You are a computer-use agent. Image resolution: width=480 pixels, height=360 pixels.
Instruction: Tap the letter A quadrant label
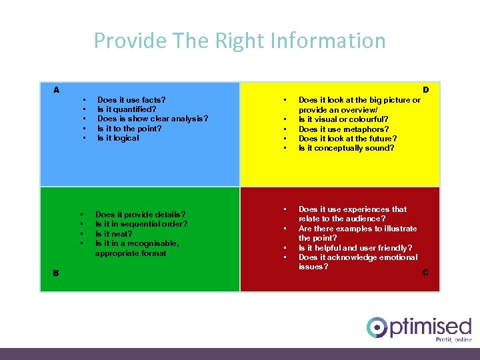click(57, 90)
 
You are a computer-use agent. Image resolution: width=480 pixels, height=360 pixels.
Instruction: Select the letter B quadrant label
click(56, 272)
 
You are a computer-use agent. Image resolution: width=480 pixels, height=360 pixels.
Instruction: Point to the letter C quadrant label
click(425, 272)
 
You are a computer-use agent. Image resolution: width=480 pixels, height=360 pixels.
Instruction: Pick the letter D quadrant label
click(425, 90)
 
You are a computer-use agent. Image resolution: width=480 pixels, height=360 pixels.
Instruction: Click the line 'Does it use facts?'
click(131, 100)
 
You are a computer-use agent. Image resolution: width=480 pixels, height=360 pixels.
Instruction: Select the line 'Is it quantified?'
click(127, 109)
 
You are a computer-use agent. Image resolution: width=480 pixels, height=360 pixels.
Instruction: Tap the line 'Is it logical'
click(118, 138)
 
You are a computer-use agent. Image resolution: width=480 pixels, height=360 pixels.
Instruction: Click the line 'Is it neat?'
click(114, 234)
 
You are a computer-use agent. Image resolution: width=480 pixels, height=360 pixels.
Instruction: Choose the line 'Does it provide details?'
click(141, 215)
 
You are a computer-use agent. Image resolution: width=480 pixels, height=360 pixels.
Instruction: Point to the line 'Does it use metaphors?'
click(343, 129)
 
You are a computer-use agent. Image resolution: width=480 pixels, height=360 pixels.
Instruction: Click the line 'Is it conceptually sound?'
click(346, 148)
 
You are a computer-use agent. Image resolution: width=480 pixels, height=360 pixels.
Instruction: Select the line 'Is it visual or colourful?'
click(343, 119)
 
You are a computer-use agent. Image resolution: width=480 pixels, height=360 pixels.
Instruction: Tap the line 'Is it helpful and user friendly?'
click(355, 248)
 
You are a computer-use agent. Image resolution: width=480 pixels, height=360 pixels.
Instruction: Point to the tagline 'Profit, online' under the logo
click(453, 339)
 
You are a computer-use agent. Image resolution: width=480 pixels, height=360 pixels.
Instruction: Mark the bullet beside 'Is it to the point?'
click(85, 129)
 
